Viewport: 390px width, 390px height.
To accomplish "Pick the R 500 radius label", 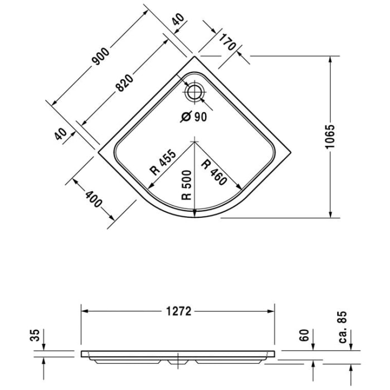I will point(187,184).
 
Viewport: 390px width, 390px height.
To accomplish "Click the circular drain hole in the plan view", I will point(194,92).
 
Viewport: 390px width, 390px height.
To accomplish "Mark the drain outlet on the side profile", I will point(178,362).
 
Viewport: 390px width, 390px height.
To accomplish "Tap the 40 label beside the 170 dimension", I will point(178,21).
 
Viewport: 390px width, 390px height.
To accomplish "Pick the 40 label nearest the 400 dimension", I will point(61,133).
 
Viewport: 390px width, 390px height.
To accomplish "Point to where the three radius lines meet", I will point(193,140).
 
